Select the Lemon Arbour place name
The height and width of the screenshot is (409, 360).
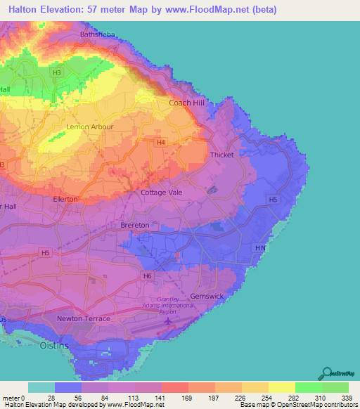[x=89, y=127]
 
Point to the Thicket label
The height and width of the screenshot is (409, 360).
[x=221, y=155]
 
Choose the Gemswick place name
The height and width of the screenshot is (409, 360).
[x=207, y=296]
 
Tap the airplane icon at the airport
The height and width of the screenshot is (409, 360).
[x=168, y=323]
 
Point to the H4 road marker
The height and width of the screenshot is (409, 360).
[x=161, y=143]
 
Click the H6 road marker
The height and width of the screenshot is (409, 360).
[x=147, y=276]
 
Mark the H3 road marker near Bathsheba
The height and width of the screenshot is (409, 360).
[x=57, y=72]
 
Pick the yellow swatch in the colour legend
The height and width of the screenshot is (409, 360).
[x=281, y=387]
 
